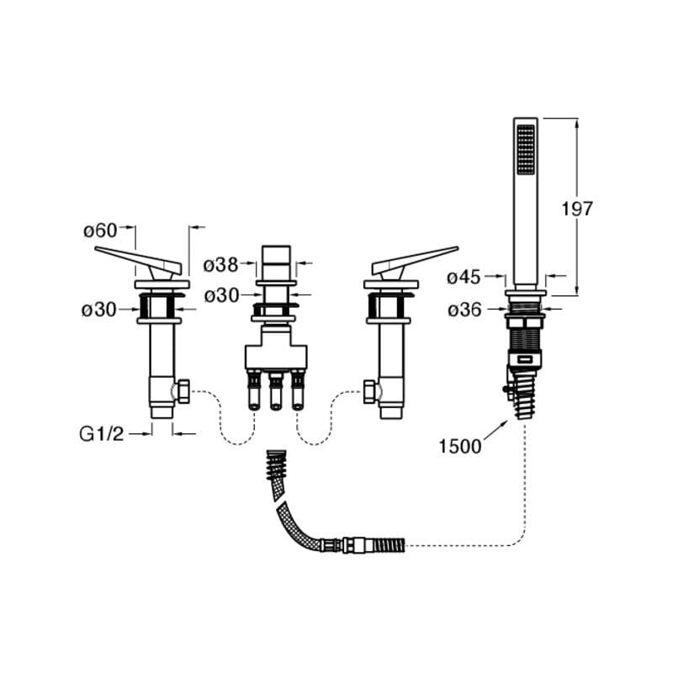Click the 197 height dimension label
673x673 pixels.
[576, 209]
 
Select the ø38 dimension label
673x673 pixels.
[221, 264]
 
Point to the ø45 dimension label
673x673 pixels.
[464, 276]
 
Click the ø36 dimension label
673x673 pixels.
[464, 310]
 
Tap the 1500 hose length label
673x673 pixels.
[460, 446]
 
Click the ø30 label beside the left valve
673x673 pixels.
[98, 309]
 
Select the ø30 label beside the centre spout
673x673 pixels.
[221, 294]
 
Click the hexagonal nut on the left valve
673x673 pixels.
[181, 390]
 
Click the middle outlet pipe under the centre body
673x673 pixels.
[275, 395]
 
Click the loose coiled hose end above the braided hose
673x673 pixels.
[275, 466]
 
